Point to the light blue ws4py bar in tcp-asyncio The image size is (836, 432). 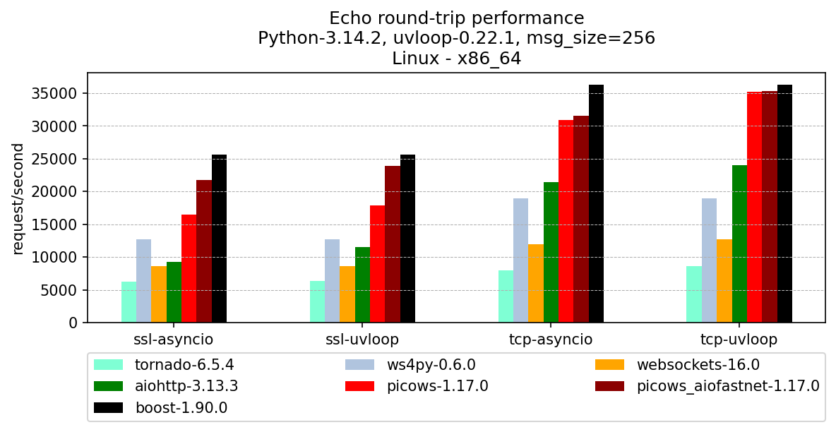[x=520, y=260]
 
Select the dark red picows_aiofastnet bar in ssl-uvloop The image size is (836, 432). [x=393, y=244]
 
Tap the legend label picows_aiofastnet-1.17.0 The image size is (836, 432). [x=727, y=386]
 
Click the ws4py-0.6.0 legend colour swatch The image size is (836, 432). [x=359, y=365]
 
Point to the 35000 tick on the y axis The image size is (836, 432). [x=59, y=93]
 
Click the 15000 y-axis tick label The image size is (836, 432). [x=59, y=224]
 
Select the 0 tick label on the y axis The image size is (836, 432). [x=74, y=323]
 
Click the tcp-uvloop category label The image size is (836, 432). [x=739, y=340]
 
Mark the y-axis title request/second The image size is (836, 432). [x=18, y=198]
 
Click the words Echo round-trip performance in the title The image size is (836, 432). [x=456, y=18]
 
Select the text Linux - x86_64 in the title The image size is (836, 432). [x=456, y=59]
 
